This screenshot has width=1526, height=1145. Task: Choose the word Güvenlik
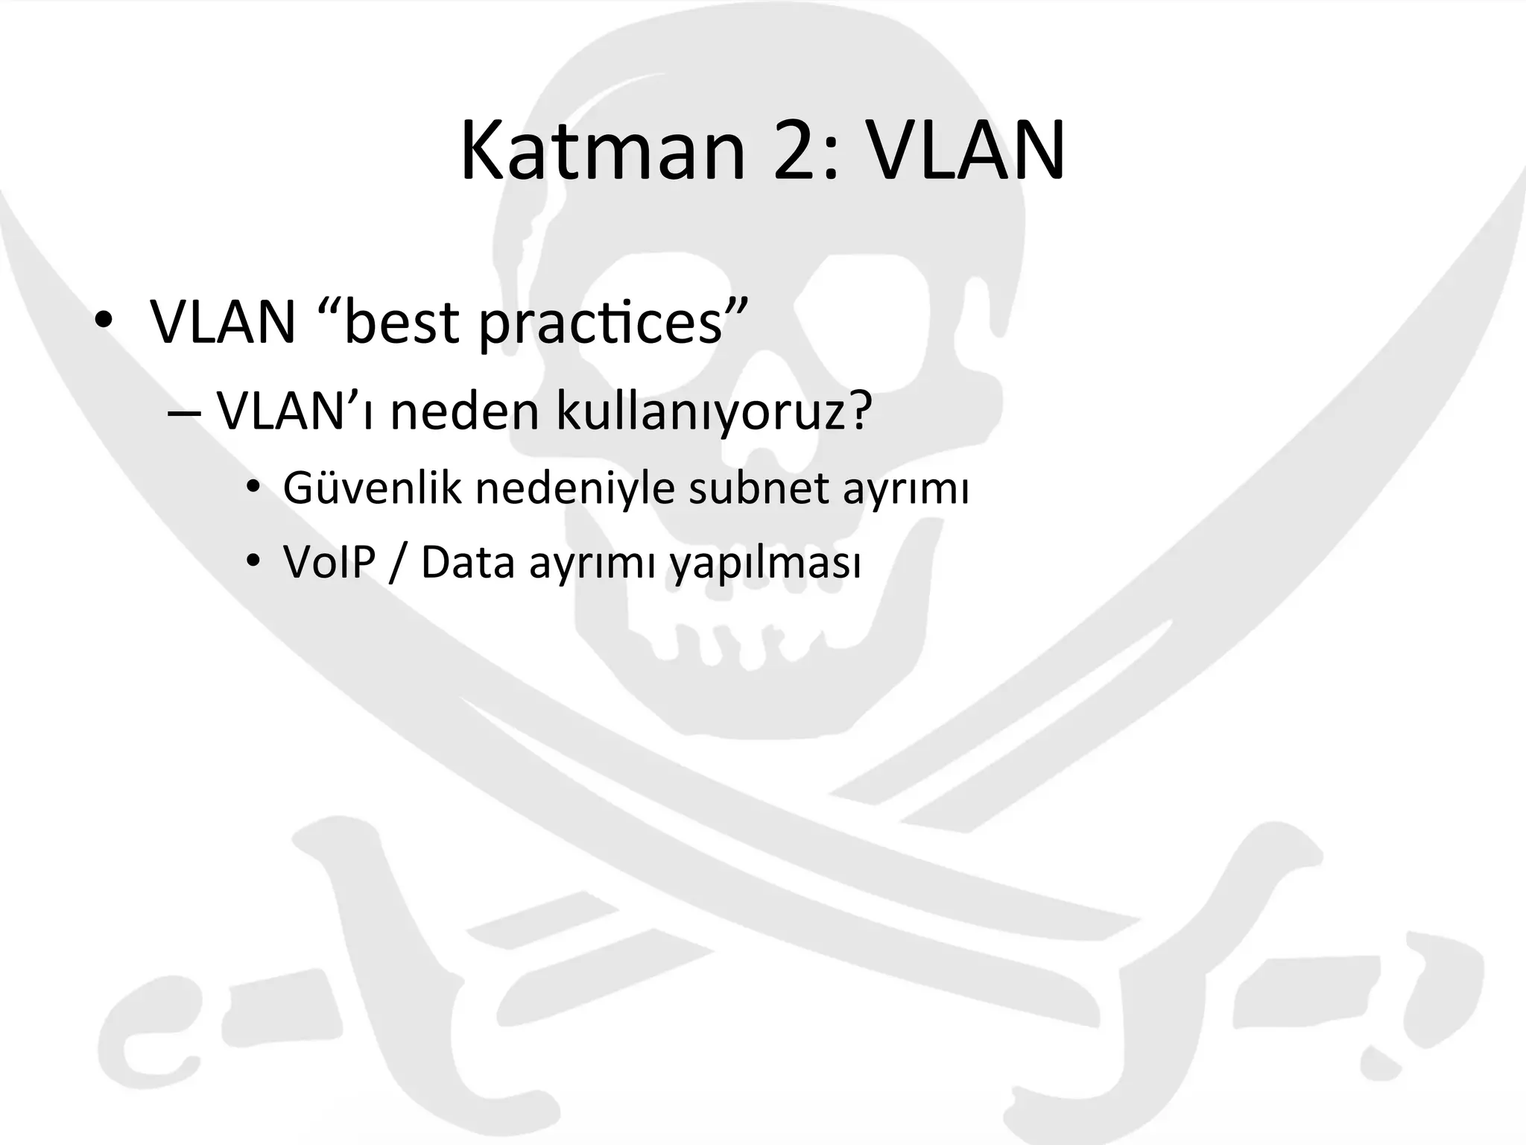[x=372, y=489]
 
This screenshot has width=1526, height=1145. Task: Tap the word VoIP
[x=329, y=562]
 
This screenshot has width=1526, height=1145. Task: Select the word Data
[x=467, y=562]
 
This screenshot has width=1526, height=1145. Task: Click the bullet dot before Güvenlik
[x=253, y=489]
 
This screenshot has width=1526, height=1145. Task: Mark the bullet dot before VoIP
[x=253, y=562]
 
